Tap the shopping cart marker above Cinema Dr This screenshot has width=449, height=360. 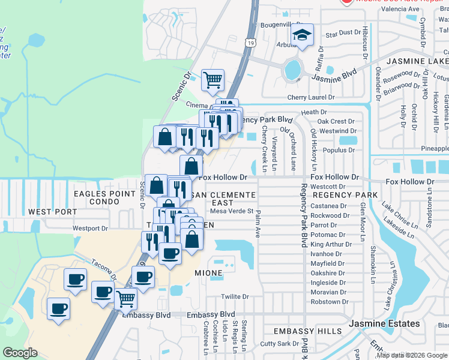[212, 80]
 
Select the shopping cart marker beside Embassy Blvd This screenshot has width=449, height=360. [125, 298]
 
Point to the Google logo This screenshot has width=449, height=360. [20, 353]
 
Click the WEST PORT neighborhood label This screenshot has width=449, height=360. [52, 212]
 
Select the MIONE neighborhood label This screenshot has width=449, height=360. [208, 273]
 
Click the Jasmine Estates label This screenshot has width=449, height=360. [385, 323]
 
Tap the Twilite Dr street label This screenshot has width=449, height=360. [235, 296]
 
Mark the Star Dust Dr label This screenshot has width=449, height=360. [340, 35]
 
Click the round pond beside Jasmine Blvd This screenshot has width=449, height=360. [293, 70]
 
